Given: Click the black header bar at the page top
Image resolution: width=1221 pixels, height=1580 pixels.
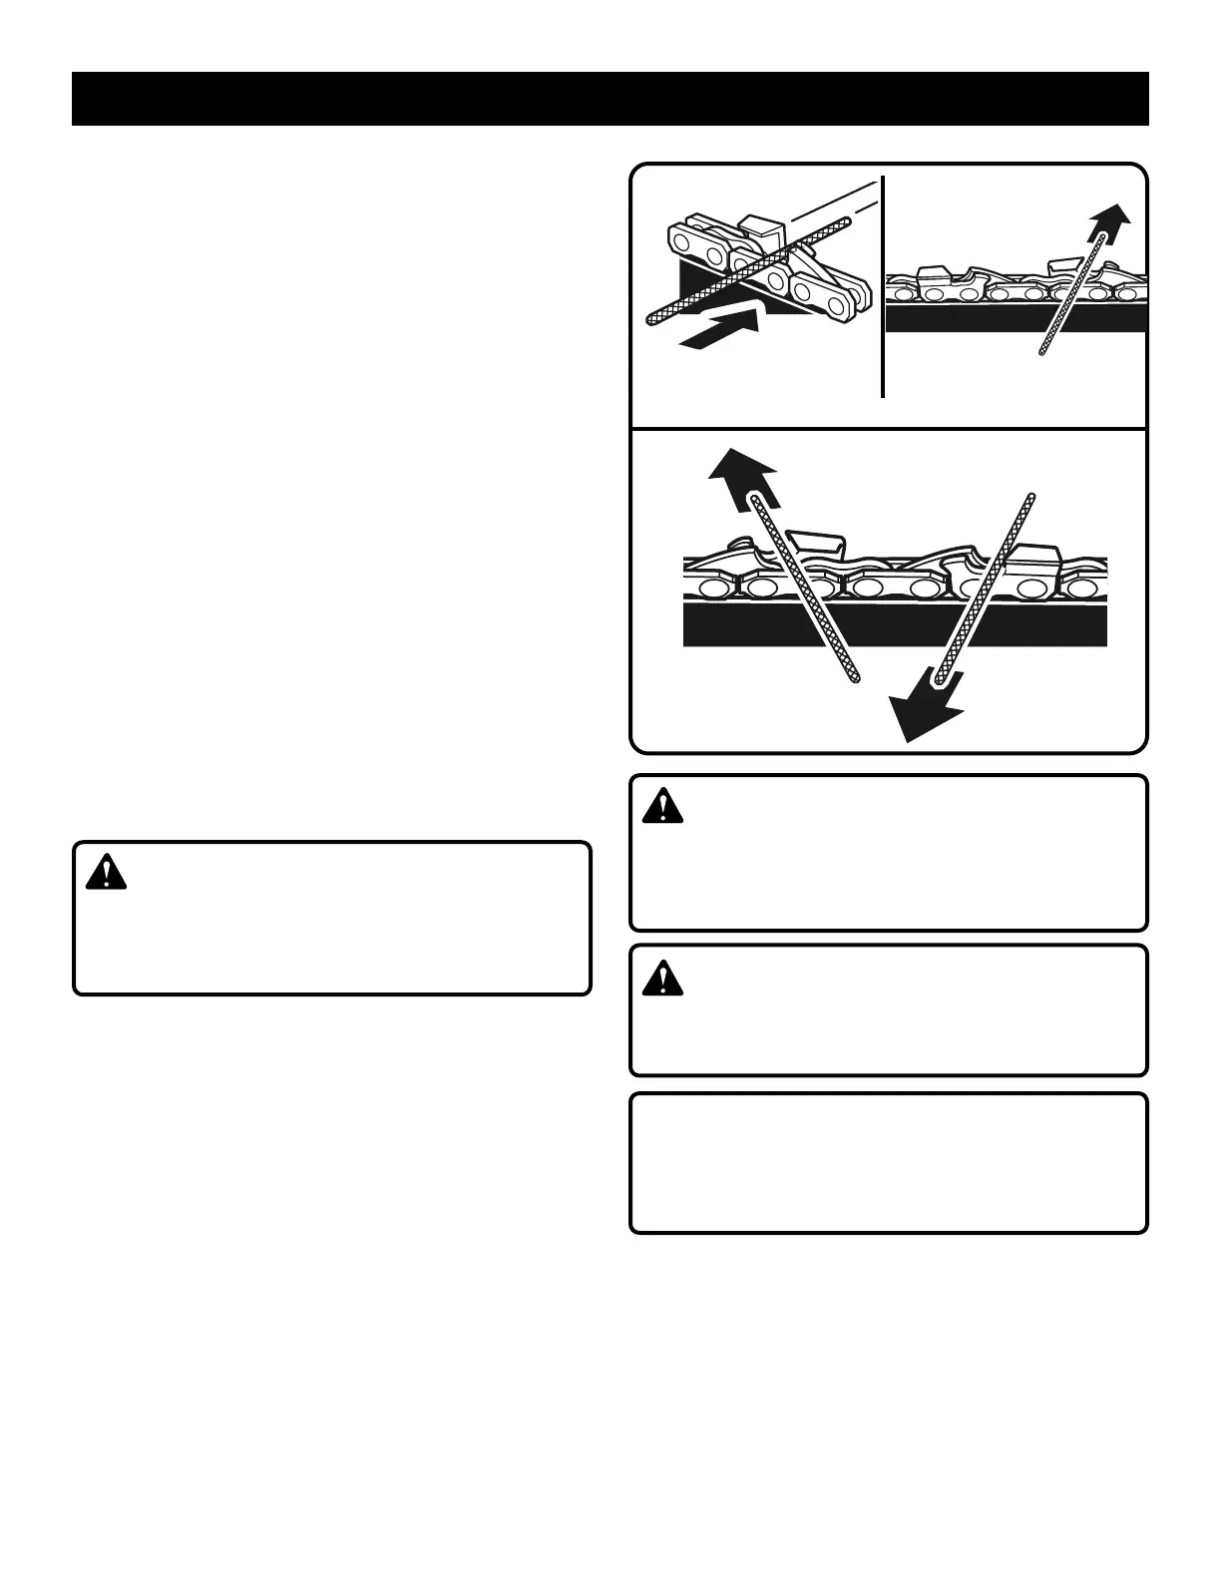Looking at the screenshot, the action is (x=610, y=99).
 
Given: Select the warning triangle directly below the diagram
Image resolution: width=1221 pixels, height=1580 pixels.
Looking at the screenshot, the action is (x=662, y=806).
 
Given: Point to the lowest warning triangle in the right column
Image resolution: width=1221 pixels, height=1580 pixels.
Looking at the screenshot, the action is (x=662, y=978).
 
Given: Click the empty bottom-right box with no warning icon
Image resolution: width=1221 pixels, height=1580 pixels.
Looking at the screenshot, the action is (x=888, y=1163).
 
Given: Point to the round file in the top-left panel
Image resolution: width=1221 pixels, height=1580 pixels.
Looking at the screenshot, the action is (x=748, y=269).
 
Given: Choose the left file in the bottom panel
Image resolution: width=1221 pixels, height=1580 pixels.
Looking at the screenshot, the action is (x=804, y=589).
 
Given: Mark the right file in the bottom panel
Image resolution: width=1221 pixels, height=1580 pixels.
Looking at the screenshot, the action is (x=983, y=589).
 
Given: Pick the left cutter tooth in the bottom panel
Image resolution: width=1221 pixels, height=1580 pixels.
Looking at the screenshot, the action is (x=818, y=544).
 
